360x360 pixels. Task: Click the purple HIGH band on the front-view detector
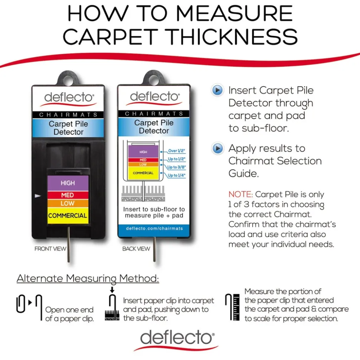point(68,183)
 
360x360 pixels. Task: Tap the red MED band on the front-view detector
point(68,195)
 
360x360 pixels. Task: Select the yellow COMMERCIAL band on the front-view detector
point(68,215)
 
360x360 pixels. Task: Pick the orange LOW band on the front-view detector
point(68,203)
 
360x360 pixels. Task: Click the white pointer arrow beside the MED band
point(38,196)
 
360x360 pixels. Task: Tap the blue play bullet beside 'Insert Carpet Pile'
point(217,90)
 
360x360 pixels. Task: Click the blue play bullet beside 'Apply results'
point(217,148)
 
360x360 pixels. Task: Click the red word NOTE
point(240,195)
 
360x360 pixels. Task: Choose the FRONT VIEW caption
point(50,249)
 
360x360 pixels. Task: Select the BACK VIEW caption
point(136,249)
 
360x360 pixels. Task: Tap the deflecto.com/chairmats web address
point(154,228)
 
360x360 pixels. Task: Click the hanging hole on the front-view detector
point(68,80)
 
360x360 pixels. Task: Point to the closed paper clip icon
point(21,304)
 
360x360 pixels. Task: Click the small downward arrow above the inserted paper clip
point(112,290)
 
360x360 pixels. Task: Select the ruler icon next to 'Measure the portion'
point(236,307)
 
